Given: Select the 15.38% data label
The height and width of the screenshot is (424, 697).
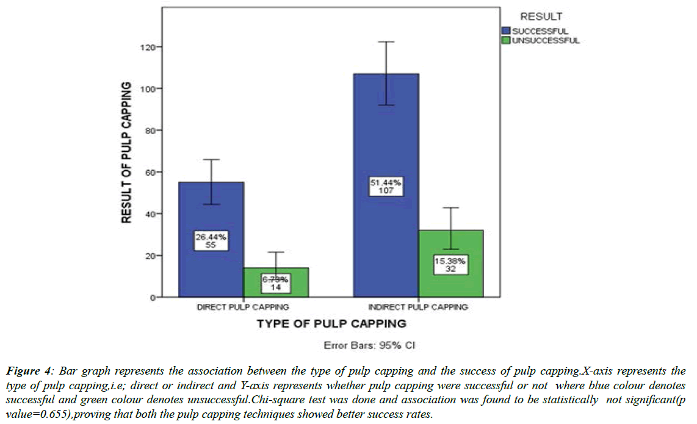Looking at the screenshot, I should point(450,265).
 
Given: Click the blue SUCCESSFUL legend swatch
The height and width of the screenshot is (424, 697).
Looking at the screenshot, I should point(506,31).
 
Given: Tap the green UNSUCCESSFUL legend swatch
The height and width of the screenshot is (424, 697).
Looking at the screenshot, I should point(506,40).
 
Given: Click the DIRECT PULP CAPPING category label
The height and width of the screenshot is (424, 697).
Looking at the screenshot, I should point(243,307).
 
